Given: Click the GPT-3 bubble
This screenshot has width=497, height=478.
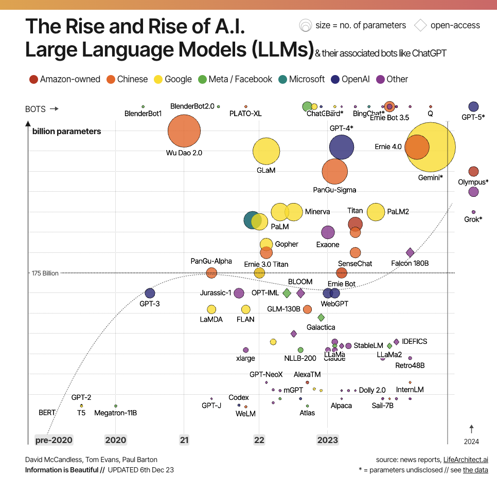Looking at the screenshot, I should (x=150, y=293).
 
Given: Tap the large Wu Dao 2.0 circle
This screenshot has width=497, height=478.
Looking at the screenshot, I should (x=184, y=132).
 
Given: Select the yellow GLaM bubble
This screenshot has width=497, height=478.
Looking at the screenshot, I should (x=266, y=151).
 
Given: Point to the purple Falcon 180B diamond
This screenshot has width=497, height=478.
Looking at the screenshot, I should (x=410, y=252).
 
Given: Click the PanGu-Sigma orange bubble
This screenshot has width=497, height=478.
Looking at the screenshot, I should (x=335, y=172).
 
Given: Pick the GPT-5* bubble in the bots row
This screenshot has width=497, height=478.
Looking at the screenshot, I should (x=473, y=106).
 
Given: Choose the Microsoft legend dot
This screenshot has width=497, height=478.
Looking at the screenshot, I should (x=282, y=79).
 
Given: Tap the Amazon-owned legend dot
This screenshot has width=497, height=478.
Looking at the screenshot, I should (x=33, y=79).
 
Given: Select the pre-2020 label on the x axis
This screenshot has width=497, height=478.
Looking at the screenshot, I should (x=54, y=440).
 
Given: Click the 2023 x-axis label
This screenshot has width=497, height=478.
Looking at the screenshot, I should (x=328, y=440).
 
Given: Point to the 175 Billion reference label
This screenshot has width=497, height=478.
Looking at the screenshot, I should (x=45, y=273).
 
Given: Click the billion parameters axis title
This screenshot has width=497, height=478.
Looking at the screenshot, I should (x=66, y=131).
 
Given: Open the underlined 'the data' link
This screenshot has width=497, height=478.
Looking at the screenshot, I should (x=475, y=470).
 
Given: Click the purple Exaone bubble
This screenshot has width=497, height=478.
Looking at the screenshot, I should (x=328, y=233).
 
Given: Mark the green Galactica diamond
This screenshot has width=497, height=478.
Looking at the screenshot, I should (x=321, y=318).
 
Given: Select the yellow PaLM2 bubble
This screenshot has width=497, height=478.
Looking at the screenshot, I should (x=376, y=212).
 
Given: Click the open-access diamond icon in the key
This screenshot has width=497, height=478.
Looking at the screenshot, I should (x=420, y=25).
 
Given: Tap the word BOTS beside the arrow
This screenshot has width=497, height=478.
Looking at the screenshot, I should (x=35, y=109).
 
